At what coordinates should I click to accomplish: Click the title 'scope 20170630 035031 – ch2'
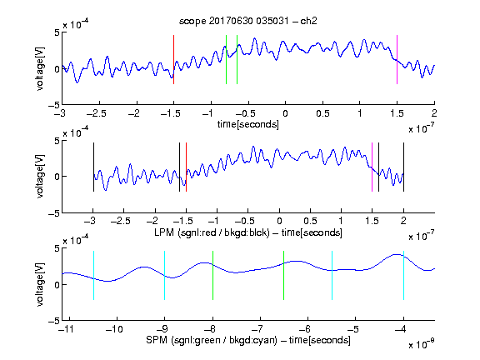[x=248, y=21]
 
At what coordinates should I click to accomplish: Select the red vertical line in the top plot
[x=173, y=59]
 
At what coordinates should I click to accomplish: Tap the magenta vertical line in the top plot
[x=397, y=59]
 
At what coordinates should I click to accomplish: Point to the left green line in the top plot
[x=226, y=59]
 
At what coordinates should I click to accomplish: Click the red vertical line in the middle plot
[x=186, y=167]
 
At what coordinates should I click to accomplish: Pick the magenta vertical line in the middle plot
[x=372, y=167]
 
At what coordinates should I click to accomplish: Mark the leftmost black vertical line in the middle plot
[x=93, y=167]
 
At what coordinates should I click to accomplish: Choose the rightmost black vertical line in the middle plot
[x=404, y=167]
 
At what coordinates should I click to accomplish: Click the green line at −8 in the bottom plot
[x=212, y=275]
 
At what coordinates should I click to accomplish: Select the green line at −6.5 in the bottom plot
[x=284, y=275]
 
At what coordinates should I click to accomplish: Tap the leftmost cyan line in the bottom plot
[x=93, y=275]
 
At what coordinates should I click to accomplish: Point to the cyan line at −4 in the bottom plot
[x=404, y=275]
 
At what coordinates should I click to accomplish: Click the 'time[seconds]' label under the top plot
[x=248, y=124]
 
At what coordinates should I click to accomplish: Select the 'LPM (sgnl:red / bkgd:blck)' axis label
[x=212, y=232]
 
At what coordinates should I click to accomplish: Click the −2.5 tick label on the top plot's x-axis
[x=97, y=113]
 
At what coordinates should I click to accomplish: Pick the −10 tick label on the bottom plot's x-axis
[x=114, y=329]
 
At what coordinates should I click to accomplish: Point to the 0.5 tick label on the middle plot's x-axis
[x=310, y=221]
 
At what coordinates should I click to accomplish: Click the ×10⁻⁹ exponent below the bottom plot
[x=421, y=344]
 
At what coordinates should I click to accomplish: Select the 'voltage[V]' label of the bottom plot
[x=40, y=284]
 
